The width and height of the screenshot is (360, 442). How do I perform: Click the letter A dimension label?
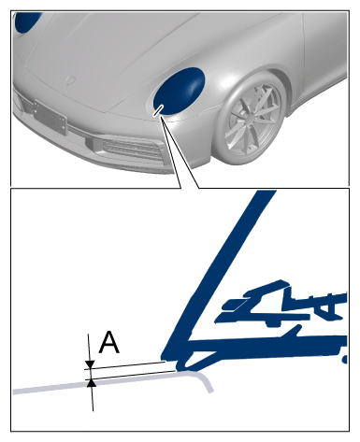(x=108, y=342)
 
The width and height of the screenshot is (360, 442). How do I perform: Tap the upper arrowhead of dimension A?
(x=90, y=364)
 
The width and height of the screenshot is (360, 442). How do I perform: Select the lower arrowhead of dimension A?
(x=92, y=383)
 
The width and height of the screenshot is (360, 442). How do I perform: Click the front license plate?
(x=50, y=117)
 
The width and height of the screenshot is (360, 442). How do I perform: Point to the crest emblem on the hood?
(x=71, y=80)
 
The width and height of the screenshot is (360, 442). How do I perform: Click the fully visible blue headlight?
(x=179, y=91)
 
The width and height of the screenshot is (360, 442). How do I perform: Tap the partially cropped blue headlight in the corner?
(x=27, y=22)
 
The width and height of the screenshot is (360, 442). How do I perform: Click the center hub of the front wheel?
(x=249, y=118)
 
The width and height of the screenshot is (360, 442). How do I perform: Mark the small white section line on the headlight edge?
(x=158, y=110)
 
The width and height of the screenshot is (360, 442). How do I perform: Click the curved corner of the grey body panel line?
(x=204, y=378)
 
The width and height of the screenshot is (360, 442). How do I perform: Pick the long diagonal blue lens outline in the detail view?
(x=217, y=274)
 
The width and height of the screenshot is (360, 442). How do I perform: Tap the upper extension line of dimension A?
(x=125, y=365)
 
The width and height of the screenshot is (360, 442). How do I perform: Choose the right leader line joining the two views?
(x=180, y=151)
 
